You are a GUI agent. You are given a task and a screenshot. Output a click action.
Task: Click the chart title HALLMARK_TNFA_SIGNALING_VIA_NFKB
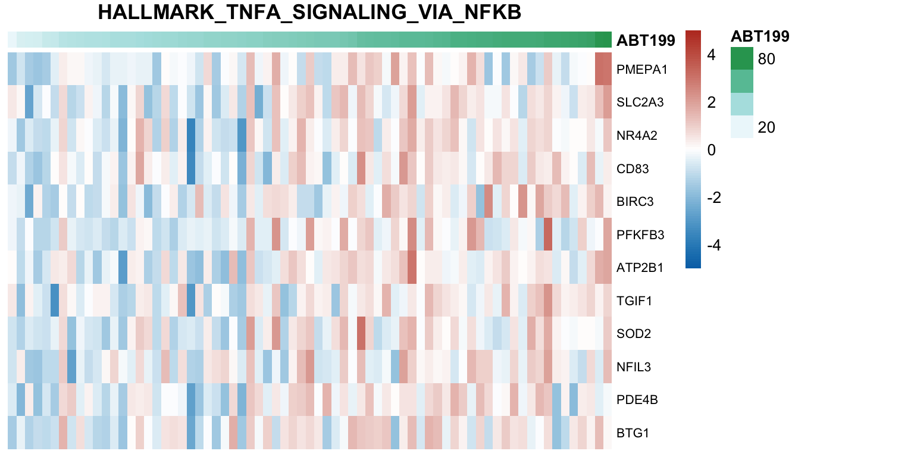[x=309, y=12]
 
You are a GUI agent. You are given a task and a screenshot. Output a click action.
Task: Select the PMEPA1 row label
[x=641, y=69]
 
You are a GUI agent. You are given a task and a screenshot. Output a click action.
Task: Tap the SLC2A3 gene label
[x=640, y=102]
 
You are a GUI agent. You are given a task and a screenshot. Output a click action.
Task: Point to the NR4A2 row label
[x=637, y=136]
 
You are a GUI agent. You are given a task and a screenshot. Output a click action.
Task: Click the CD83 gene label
[x=633, y=169]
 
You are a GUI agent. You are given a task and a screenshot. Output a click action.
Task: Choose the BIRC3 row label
[x=636, y=202]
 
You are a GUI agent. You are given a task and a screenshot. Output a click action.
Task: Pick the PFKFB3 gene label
[x=640, y=235]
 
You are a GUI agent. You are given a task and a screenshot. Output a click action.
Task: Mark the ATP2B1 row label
[x=640, y=268]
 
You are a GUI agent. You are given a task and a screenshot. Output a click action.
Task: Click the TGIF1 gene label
[x=634, y=301]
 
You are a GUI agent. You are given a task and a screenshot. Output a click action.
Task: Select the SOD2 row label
[x=634, y=334]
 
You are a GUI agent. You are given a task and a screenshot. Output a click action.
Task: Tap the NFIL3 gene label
[x=634, y=367]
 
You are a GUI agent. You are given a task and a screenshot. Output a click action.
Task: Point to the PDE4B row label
[x=637, y=400]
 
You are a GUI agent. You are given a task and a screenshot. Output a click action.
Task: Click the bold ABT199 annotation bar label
[x=646, y=40]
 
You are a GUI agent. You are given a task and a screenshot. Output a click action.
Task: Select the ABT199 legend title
[x=760, y=36]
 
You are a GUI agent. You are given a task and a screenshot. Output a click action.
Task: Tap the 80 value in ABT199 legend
[x=766, y=59]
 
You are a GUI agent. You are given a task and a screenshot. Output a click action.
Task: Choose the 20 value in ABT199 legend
[x=766, y=127]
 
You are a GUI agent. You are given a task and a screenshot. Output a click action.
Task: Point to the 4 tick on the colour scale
[x=711, y=55]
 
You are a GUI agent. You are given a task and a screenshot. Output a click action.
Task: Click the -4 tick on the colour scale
[x=708, y=245]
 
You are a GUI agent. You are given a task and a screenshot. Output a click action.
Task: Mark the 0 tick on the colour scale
[x=711, y=150]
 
